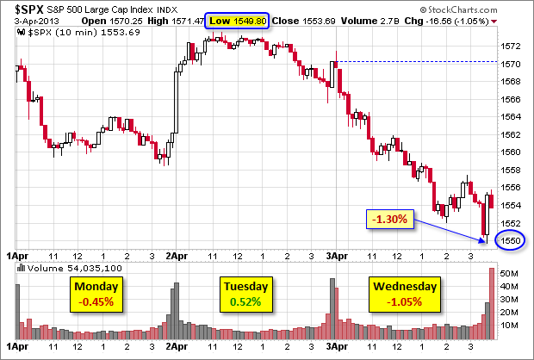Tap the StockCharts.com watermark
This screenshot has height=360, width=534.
click(x=493, y=8)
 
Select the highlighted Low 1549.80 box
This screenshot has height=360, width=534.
click(x=237, y=20)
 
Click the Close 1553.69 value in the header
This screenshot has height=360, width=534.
click(x=300, y=20)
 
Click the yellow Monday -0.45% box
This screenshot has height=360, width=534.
click(x=96, y=295)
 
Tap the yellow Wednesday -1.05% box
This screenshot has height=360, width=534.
click(x=405, y=295)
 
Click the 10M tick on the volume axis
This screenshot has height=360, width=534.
click(x=509, y=325)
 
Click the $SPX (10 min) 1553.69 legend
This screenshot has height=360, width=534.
click(x=69, y=31)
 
